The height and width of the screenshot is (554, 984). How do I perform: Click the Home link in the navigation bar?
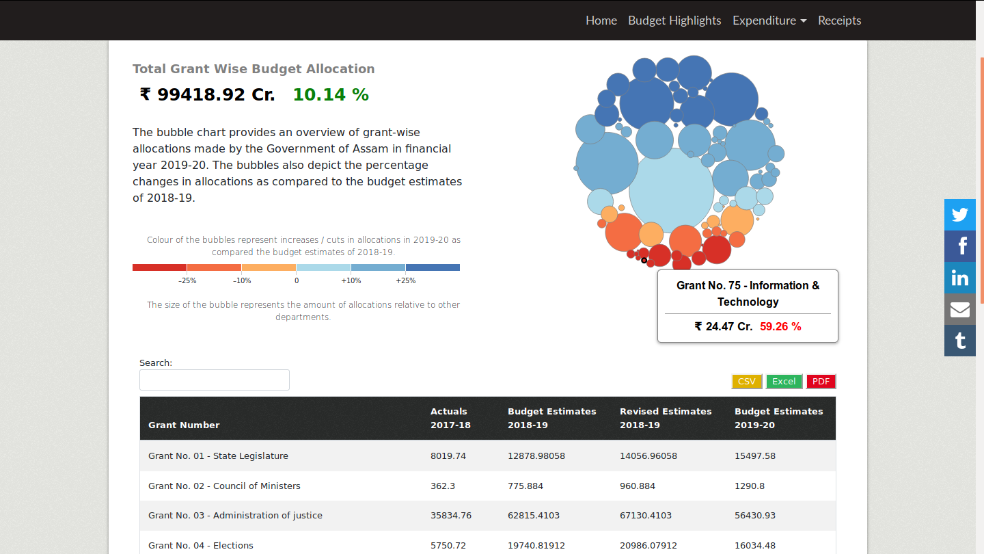601,21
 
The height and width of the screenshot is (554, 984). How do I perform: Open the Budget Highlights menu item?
674,21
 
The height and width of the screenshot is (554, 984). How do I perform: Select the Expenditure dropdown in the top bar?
769,21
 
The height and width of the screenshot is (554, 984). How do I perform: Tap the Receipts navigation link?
839,21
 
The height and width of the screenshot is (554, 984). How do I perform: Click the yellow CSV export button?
747,382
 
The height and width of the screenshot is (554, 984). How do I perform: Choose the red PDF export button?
821,382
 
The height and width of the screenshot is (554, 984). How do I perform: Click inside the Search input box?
215,380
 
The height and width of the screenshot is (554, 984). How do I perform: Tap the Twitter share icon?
960,215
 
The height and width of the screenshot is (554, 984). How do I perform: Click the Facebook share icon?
960,246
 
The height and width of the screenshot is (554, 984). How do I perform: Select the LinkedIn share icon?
960,278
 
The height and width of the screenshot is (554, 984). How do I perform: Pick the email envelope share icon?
960,309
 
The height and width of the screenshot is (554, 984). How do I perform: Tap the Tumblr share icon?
960,341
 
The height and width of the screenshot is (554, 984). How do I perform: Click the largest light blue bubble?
671,191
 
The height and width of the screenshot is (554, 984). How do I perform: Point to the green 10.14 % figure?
331,95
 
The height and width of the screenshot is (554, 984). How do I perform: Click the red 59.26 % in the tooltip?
780,326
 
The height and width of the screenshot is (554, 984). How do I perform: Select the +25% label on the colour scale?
405,281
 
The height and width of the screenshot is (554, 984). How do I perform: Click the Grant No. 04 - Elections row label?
201,545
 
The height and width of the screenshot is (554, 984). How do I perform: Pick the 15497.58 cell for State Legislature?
755,456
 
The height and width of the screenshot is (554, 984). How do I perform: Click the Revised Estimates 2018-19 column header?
666,418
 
